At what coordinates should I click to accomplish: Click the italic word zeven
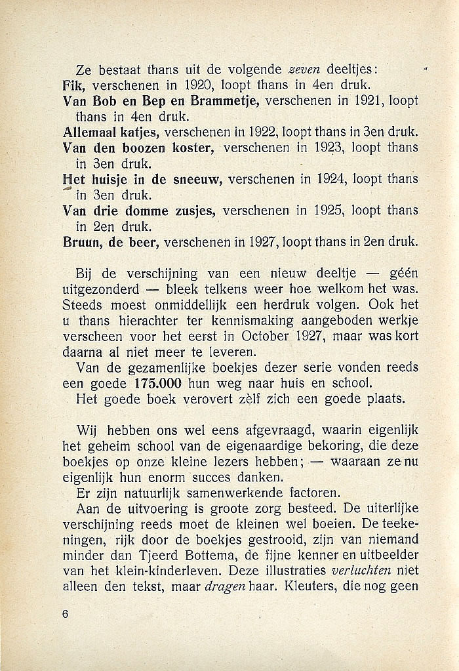click(299, 70)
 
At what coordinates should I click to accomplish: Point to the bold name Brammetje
click(215, 101)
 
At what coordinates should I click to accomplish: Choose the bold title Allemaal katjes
click(110, 132)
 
